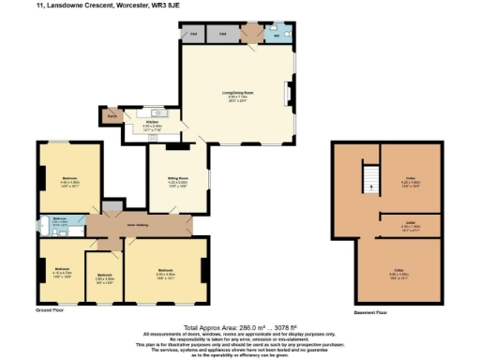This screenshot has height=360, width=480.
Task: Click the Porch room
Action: click(112, 116)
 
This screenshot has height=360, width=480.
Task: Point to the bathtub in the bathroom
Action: click(45, 226)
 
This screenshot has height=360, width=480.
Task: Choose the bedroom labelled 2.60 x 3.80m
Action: click(104, 278)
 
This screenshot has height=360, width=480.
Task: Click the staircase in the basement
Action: click(371, 178)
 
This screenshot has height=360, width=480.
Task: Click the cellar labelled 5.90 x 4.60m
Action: click(398, 274)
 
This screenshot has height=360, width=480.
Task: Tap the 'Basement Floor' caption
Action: click(372, 312)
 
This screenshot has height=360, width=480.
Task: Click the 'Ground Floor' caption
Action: click(49, 308)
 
